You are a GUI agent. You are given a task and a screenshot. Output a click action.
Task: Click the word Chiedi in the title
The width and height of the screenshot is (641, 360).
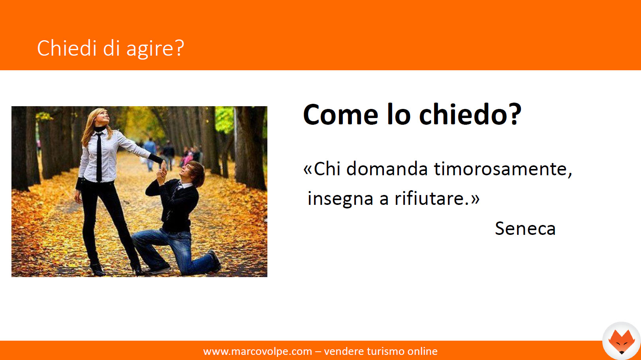[67, 48]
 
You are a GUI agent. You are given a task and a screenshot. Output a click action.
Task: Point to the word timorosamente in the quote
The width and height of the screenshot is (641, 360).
[503, 169]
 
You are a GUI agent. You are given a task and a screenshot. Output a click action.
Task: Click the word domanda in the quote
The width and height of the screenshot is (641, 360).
[387, 169]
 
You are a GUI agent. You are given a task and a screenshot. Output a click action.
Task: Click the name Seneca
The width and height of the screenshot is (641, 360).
[525, 229]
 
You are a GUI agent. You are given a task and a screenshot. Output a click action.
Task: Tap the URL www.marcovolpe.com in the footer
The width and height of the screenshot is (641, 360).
[258, 351]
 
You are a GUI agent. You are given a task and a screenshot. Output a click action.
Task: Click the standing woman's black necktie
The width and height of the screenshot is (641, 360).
[99, 157]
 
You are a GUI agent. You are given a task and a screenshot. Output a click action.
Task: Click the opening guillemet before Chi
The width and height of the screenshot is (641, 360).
[308, 169]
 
